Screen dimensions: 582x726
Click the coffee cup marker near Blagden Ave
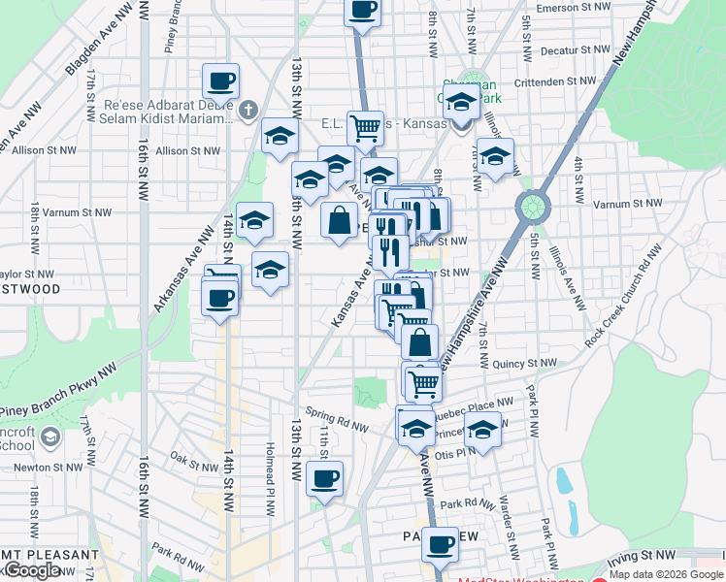[x=220, y=81]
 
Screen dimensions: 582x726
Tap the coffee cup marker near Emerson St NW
[x=363, y=11]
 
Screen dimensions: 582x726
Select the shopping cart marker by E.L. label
[x=365, y=128]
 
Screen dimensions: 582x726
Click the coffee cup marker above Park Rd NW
[x=324, y=478]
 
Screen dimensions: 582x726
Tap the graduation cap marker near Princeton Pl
[x=482, y=428]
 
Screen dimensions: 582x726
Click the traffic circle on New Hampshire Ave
[x=533, y=206]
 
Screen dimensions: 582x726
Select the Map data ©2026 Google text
[x=666, y=574]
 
